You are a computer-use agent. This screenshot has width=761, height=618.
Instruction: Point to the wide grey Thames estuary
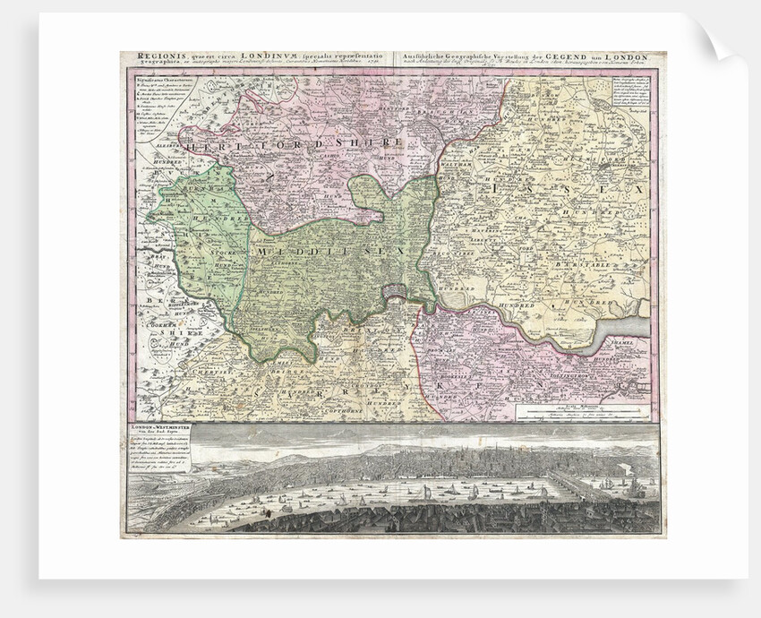pos(632,321)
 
